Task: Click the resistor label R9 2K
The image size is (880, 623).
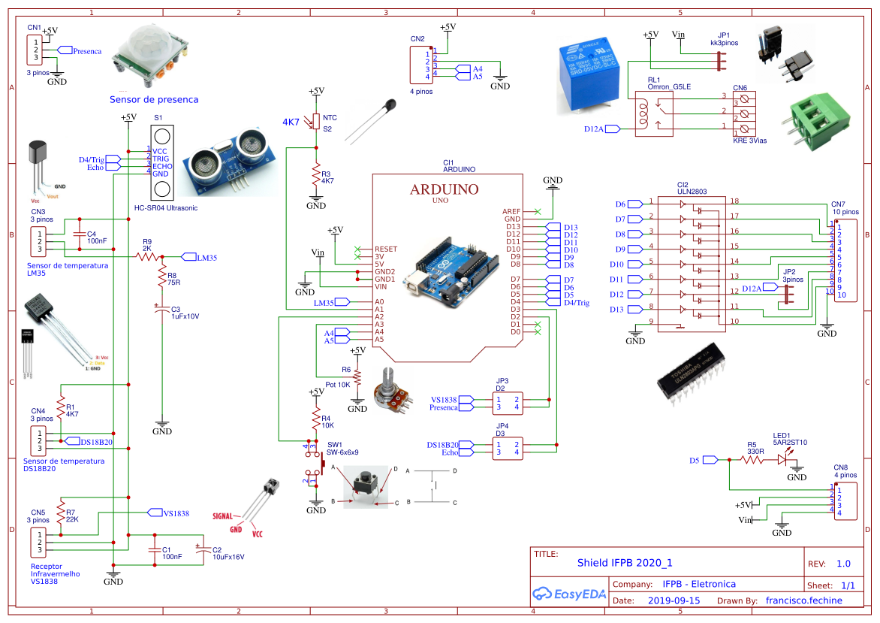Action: (x=147, y=244)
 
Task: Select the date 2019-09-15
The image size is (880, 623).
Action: (x=674, y=600)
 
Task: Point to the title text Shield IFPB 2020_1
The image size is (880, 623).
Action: (x=625, y=562)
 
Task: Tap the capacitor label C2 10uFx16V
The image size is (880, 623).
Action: (x=228, y=553)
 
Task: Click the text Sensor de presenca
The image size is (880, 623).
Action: (x=154, y=99)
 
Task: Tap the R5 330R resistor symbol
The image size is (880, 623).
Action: (x=752, y=460)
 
